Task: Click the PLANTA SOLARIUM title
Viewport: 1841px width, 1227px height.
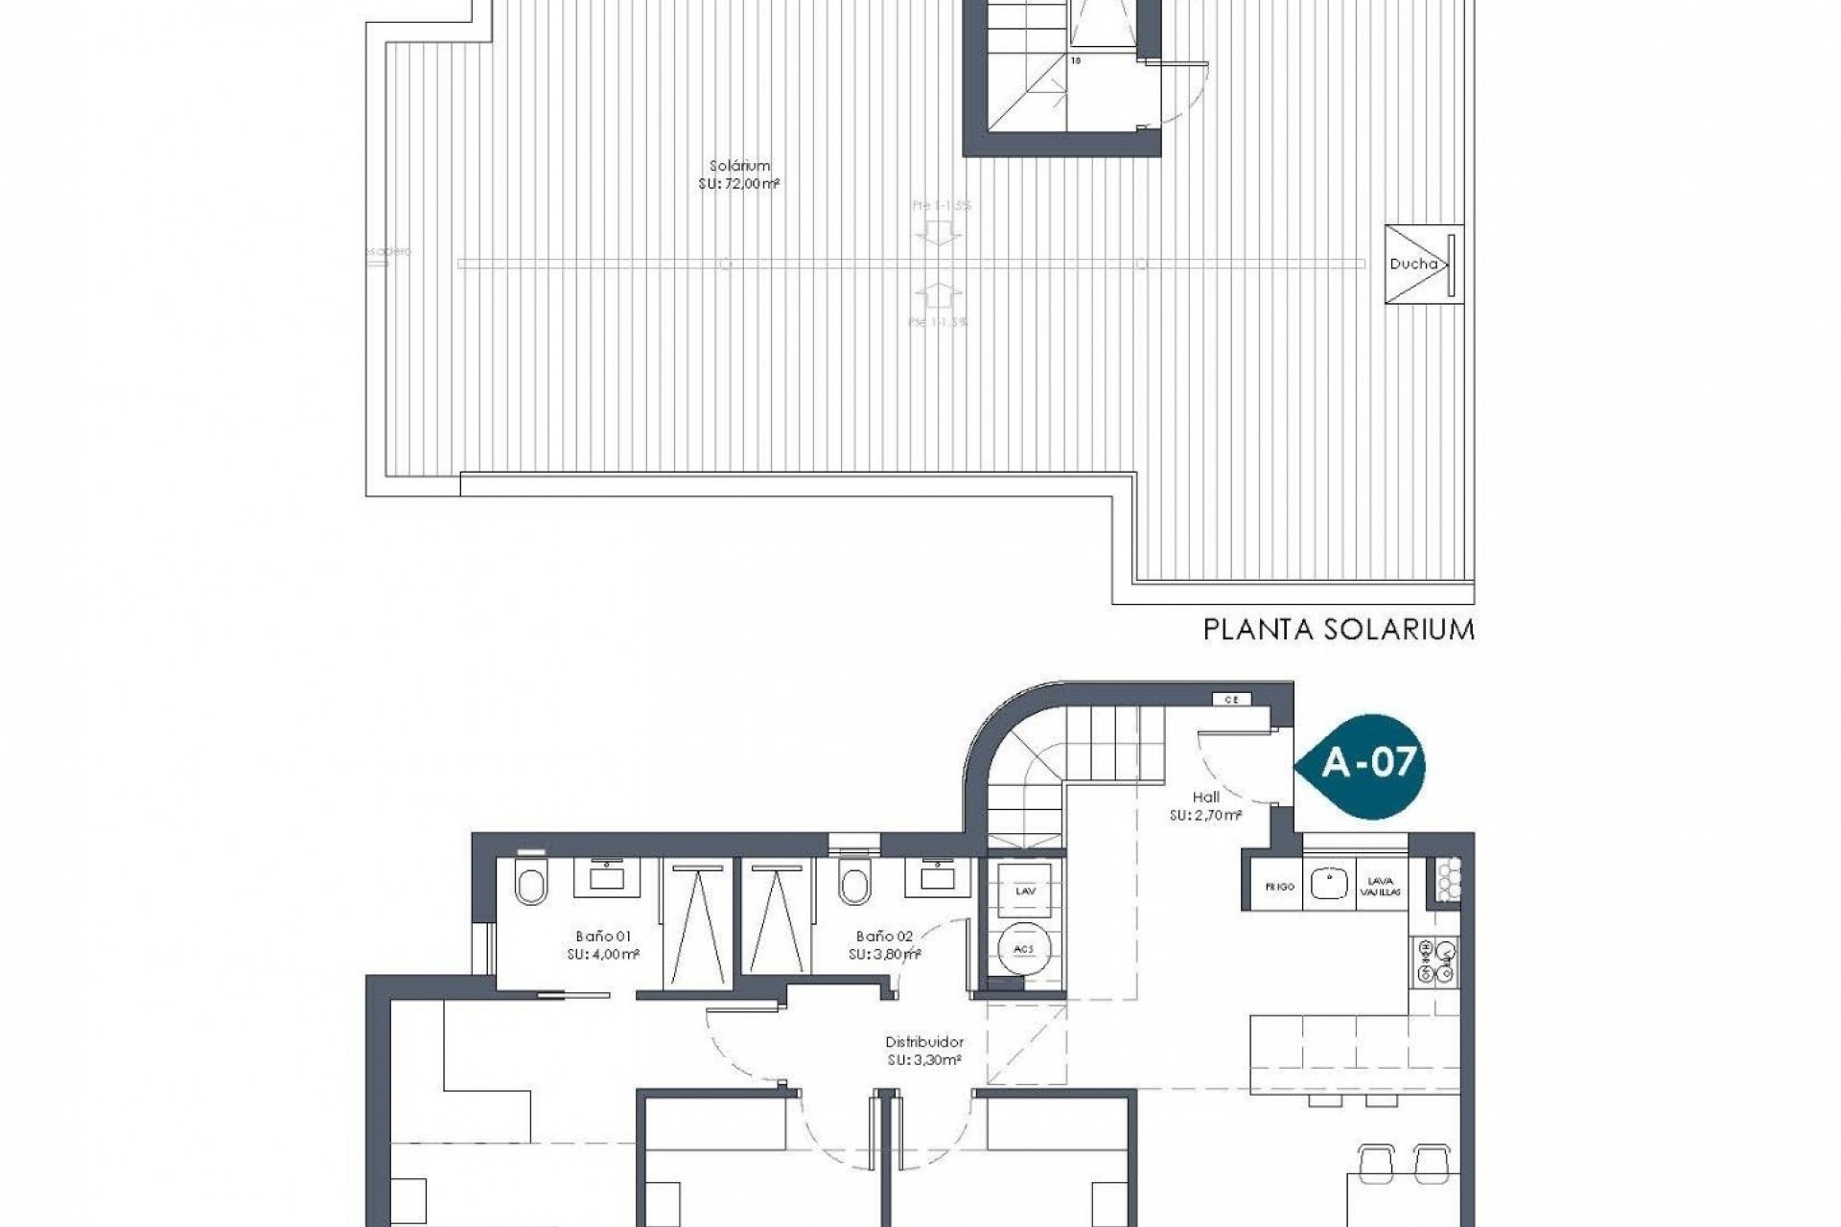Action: [1339, 630]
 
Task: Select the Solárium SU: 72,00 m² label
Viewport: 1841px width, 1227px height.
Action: [735, 174]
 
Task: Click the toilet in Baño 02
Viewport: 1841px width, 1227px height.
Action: [851, 882]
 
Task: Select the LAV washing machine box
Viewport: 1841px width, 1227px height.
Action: [1024, 891]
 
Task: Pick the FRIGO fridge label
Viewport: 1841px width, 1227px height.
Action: [1280, 887]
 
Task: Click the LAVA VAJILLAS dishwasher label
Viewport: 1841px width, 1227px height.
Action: [1381, 887]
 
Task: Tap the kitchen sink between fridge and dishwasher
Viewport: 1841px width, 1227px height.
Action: [1329, 884]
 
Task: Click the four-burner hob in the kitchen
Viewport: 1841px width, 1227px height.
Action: [1435, 961]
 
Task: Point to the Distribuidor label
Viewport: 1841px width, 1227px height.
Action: [924, 1049]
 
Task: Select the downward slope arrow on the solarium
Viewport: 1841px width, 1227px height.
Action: [931, 232]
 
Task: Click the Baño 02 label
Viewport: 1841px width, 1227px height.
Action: [884, 944]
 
